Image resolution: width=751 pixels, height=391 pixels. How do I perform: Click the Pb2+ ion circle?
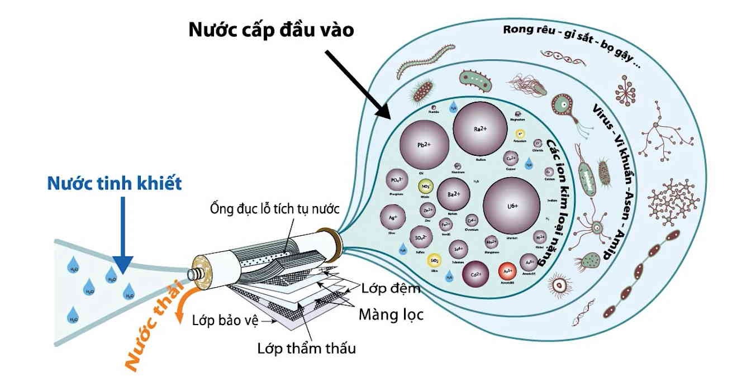[x=423, y=144]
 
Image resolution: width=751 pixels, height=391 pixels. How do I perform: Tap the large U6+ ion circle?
[x=511, y=205]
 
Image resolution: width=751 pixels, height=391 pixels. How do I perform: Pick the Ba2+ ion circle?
[x=453, y=193]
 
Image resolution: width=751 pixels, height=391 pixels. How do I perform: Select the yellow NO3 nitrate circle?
[x=426, y=187]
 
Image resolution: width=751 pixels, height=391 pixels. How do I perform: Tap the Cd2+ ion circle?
[x=476, y=274]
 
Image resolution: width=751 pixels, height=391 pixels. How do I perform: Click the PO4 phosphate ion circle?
[x=397, y=180]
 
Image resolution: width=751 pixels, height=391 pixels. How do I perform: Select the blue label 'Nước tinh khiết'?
[x=115, y=183]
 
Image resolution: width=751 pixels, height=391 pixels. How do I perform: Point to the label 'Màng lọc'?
[x=391, y=315]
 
